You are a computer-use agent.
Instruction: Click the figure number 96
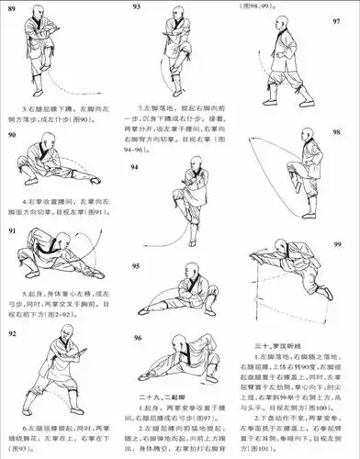coord(137,339)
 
